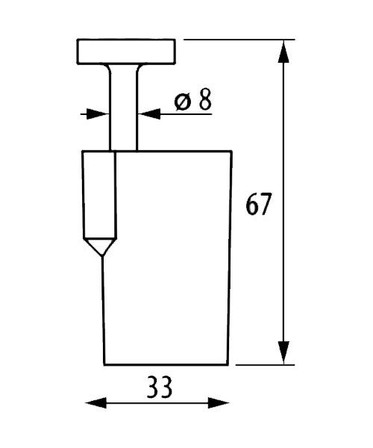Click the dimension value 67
pyautogui.click(x=257, y=204)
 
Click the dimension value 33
pyautogui.click(x=160, y=387)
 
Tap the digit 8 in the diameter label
pyautogui.click(x=205, y=99)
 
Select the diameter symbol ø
pyautogui.click(x=182, y=102)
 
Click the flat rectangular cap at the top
pyautogui.click(x=126, y=52)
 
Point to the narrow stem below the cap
pyautogui.click(x=124, y=107)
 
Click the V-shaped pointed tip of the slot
pyautogui.click(x=100, y=247)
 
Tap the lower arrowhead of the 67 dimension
pyautogui.click(x=283, y=352)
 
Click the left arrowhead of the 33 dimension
pyautogui.click(x=96, y=403)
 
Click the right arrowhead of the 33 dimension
pyautogui.click(x=219, y=403)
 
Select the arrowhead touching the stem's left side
pyautogui.click(x=98, y=114)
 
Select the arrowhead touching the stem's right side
pyautogui.click(x=149, y=114)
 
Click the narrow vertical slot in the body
pyautogui.click(x=100, y=195)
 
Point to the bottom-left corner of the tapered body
pyautogui.click(x=104, y=364)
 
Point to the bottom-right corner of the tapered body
pyautogui.click(x=228, y=364)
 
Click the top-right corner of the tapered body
pyautogui.click(x=231, y=151)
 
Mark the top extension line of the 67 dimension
pyautogui.click(x=239, y=40)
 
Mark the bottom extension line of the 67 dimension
pyautogui.click(x=265, y=365)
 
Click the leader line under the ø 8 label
pyautogui.click(x=186, y=114)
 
